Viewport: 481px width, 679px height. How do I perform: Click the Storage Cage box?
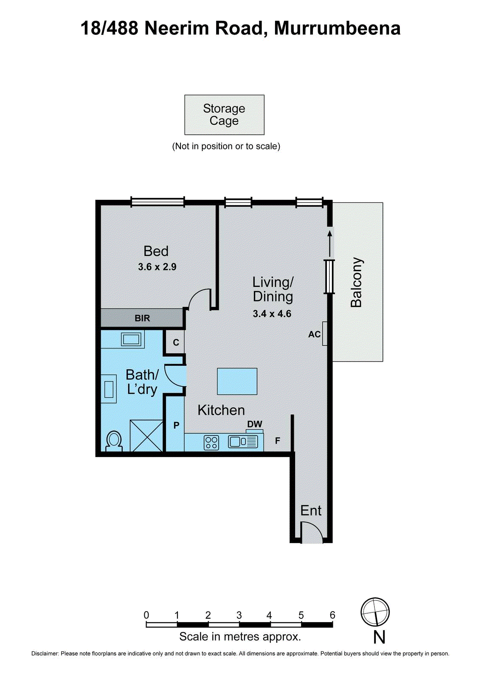(224, 115)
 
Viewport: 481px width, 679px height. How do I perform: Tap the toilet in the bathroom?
(114, 441)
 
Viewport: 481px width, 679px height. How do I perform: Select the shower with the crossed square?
(146, 435)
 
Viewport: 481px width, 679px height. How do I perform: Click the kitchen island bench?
(237, 381)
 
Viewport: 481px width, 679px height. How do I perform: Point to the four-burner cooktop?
(211, 443)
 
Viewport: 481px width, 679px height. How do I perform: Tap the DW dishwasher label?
(255, 424)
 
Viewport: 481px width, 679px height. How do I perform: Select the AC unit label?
(314, 334)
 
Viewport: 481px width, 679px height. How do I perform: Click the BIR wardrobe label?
(142, 318)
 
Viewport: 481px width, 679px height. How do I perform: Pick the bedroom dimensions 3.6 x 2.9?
(157, 267)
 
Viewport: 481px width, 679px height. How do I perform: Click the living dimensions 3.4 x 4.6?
(272, 314)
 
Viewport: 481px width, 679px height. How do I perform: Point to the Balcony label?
(356, 282)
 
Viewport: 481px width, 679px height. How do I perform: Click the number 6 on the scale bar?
(332, 615)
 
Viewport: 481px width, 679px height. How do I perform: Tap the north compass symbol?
(375, 612)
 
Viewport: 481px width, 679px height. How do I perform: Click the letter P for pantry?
(176, 425)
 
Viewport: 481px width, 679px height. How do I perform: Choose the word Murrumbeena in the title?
(337, 28)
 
